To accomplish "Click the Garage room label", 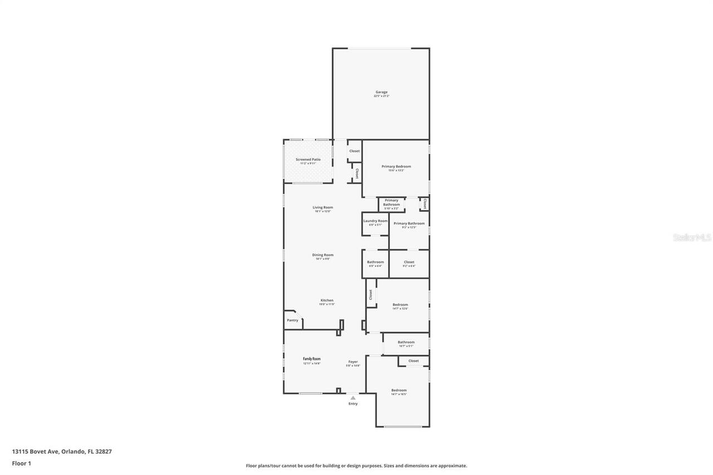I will coord(381,92).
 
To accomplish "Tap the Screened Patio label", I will coord(308,160).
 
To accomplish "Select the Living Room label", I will coord(323,208).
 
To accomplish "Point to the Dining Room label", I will coord(323,255).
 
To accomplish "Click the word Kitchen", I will coord(326,301).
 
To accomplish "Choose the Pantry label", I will coord(292,320).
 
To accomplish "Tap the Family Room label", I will coord(312,359).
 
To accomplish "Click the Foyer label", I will coord(353,362).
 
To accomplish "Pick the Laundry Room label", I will coord(375,221).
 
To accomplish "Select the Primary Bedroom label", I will coord(396,167).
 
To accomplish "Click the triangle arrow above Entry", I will coord(353,398).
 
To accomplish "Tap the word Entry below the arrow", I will coord(353,404).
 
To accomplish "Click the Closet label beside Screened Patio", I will coord(354,151).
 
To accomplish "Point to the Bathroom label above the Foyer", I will coord(406,342).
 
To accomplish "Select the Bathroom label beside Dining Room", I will coord(375,262).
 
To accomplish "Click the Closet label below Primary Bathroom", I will coord(409,262).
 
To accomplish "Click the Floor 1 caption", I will coord(21,463).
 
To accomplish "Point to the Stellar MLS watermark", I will coord(692,238).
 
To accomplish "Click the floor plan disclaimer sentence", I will coord(356,466).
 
